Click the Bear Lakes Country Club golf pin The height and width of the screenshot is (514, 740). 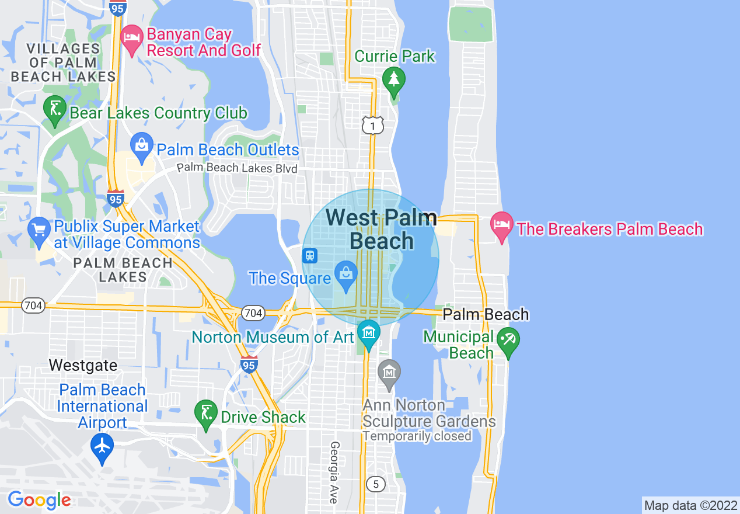(55, 109)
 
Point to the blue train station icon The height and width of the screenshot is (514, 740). (309, 255)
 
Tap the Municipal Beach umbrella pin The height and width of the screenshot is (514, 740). (508, 340)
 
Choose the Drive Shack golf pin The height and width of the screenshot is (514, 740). (206, 414)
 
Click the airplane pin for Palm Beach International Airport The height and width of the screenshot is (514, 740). (103, 446)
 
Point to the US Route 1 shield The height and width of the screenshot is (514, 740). (372, 125)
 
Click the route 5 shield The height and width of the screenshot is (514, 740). (376, 484)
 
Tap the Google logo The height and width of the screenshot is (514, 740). (39, 500)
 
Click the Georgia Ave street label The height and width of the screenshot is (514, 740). (334, 472)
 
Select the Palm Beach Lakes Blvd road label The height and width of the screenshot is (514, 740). (237, 168)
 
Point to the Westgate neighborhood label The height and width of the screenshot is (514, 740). (83, 366)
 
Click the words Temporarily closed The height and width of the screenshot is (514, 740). (417, 436)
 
